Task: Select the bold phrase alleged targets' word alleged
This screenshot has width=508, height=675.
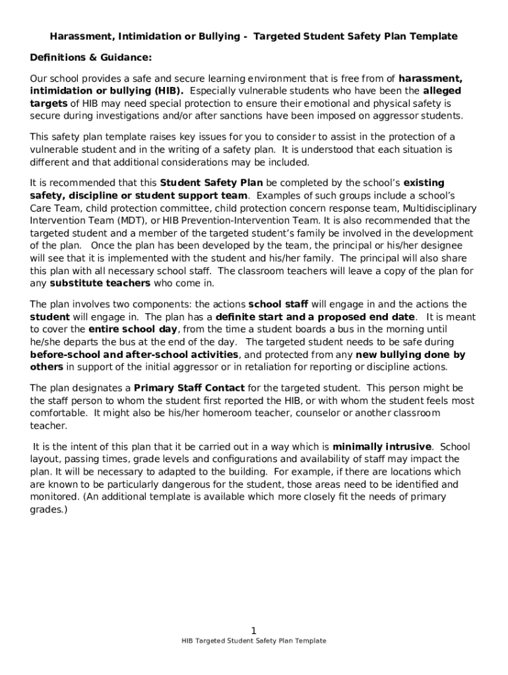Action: (x=442, y=91)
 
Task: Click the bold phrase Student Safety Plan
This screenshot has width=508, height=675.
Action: (x=211, y=183)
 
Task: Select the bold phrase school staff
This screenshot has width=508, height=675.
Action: (x=278, y=305)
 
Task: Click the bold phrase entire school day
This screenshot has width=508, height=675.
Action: (x=132, y=330)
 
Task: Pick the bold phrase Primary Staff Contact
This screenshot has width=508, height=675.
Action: (x=189, y=388)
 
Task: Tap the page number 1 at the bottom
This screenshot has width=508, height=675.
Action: (x=254, y=631)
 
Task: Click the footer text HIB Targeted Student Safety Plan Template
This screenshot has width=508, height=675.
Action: (x=254, y=641)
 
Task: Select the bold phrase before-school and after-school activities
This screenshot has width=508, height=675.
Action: (x=134, y=355)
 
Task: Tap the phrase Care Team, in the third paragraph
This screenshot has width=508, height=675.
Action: (x=54, y=208)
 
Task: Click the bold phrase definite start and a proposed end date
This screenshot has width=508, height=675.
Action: (x=315, y=317)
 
